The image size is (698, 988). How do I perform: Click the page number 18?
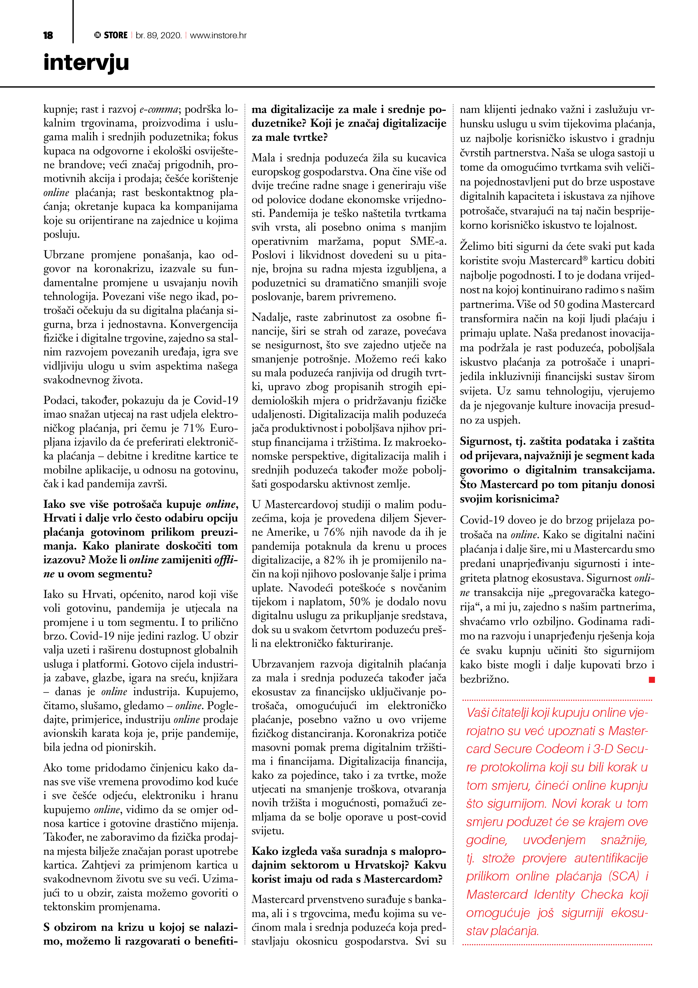tap(48, 35)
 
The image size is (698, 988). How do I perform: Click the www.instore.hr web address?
tap(218, 35)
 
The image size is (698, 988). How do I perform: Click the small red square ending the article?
tap(652, 680)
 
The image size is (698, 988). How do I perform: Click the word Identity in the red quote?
tap(554, 894)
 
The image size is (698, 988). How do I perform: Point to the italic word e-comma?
tap(159, 109)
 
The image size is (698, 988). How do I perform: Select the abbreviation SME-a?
tap(428, 241)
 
